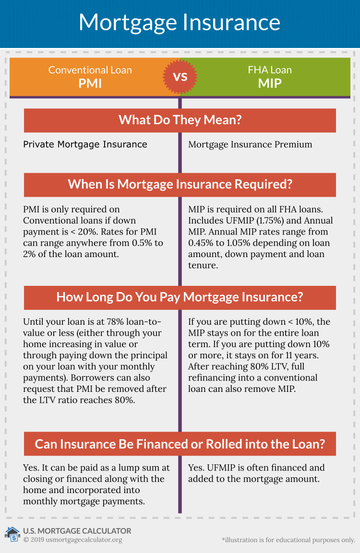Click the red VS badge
tap(180, 77)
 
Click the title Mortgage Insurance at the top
tap(180, 23)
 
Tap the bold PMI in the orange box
tap(90, 83)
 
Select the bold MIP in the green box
tap(270, 83)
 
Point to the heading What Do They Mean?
tap(180, 120)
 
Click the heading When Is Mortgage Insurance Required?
tap(180, 184)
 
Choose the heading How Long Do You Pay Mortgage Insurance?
tap(180, 297)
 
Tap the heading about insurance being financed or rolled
tap(180, 444)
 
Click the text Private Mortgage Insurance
tap(85, 144)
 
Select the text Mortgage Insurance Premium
tap(250, 144)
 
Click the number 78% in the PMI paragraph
tap(115, 322)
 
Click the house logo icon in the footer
tap(12, 534)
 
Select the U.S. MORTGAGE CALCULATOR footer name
tap(77, 531)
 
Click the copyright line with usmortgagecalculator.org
tap(72, 540)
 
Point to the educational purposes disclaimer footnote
tap(288, 540)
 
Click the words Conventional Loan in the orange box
tap(90, 70)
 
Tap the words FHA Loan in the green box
tap(270, 70)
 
